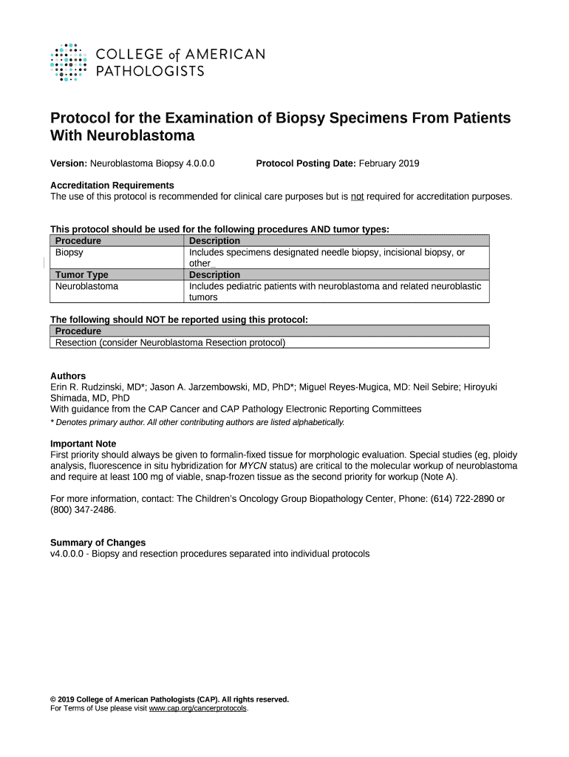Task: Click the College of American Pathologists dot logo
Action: pyautogui.click(x=68, y=62)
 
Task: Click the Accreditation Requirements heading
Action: pyautogui.click(x=112, y=185)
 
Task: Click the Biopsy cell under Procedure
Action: pyautogui.click(x=69, y=253)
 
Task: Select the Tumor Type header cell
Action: pyautogui.click(x=82, y=275)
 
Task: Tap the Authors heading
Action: pyautogui.click(x=68, y=376)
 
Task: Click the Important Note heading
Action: pyautogui.click(x=83, y=444)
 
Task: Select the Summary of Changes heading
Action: pyautogui.click(x=98, y=543)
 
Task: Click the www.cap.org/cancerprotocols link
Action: pyautogui.click(x=198, y=708)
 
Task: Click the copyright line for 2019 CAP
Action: pyautogui.click(x=169, y=699)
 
